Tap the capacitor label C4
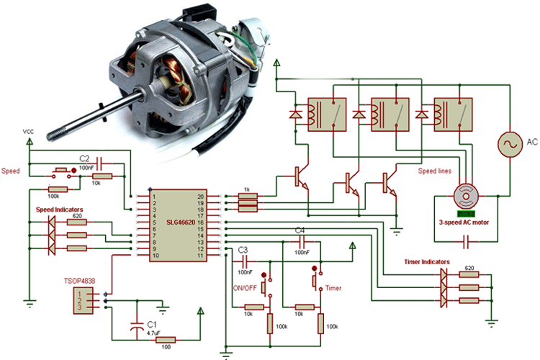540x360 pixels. click(300, 230)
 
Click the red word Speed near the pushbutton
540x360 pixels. click(11, 171)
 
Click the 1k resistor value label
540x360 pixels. click(246, 189)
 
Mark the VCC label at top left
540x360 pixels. click(29, 132)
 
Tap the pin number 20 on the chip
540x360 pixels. click(201, 196)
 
